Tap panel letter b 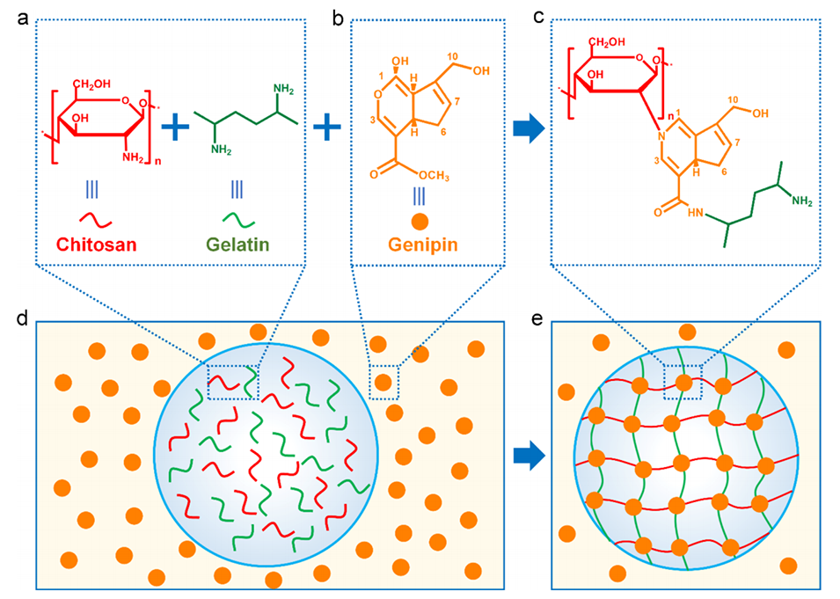[337, 16]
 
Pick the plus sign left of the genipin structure [327, 128]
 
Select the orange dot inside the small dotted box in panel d [383, 382]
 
